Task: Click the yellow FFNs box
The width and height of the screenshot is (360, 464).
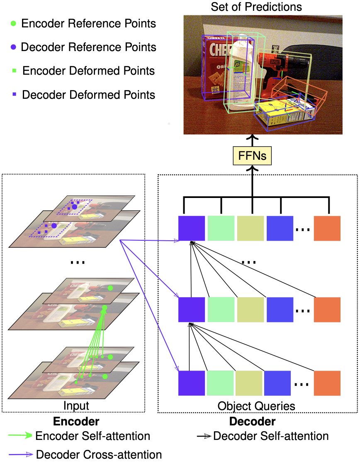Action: coord(252,157)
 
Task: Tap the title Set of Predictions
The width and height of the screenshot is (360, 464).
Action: coord(256,7)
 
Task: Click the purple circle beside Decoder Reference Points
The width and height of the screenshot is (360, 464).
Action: coord(14,47)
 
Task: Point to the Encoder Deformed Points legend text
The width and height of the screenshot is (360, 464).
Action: coord(88,71)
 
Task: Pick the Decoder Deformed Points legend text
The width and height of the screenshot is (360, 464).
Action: coord(88,95)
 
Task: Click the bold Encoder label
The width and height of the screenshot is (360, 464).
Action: coord(76,422)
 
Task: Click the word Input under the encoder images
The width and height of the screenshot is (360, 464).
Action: coord(76,405)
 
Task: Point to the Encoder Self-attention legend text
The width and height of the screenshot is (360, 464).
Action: coord(92,436)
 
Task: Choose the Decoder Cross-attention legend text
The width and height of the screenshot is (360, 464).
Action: coord(99,454)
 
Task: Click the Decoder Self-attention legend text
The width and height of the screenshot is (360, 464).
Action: coord(270,436)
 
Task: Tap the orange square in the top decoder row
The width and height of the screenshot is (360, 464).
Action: coord(327,228)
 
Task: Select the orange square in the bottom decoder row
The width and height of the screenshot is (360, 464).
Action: coord(327,383)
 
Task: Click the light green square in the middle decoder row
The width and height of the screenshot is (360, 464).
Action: coord(221,310)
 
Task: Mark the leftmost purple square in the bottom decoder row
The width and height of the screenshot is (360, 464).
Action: coord(191,383)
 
